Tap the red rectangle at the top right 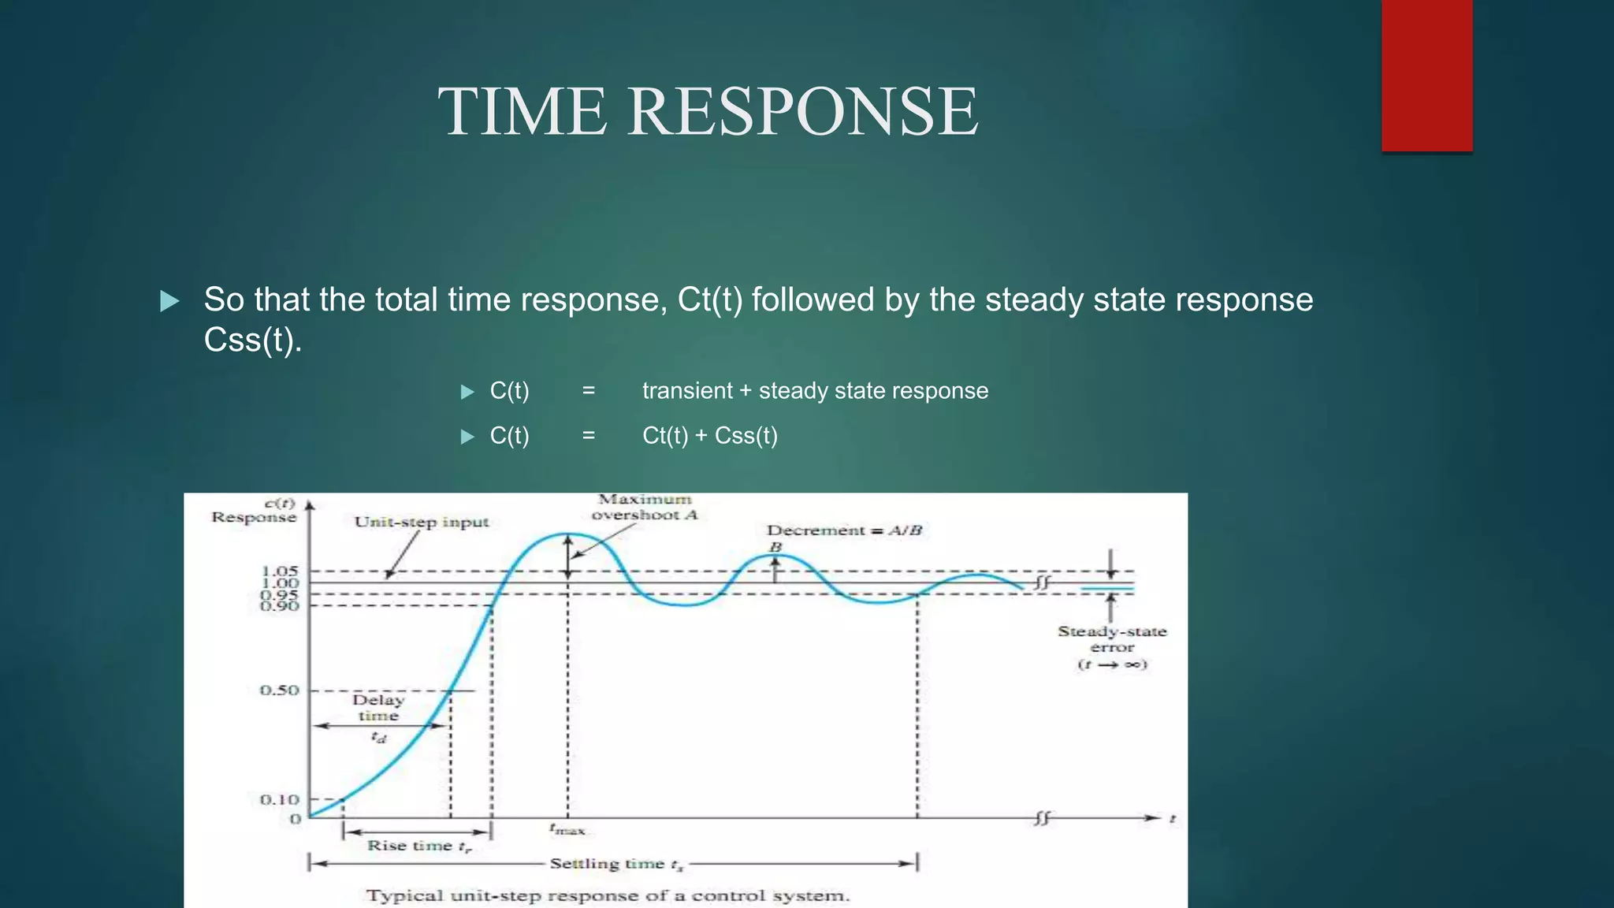[x=1426, y=75]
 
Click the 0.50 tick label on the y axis [x=280, y=690]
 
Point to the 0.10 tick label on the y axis [x=280, y=799]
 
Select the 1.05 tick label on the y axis [x=280, y=570]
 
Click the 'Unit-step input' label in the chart [x=422, y=522]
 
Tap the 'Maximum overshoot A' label [x=645, y=507]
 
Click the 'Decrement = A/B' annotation [x=844, y=530]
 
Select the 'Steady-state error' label [x=1112, y=639]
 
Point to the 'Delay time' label [x=378, y=708]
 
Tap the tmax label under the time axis [x=567, y=829]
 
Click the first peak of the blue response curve [x=567, y=534]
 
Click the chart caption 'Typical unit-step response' [x=608, y=896]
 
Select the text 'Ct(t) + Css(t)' [x=709, y=436]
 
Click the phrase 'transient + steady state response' [x=815, y=391]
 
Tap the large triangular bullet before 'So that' [x=169, y=301]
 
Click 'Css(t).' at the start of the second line [x=252, y=340]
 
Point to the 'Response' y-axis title [x=254, y=517]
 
